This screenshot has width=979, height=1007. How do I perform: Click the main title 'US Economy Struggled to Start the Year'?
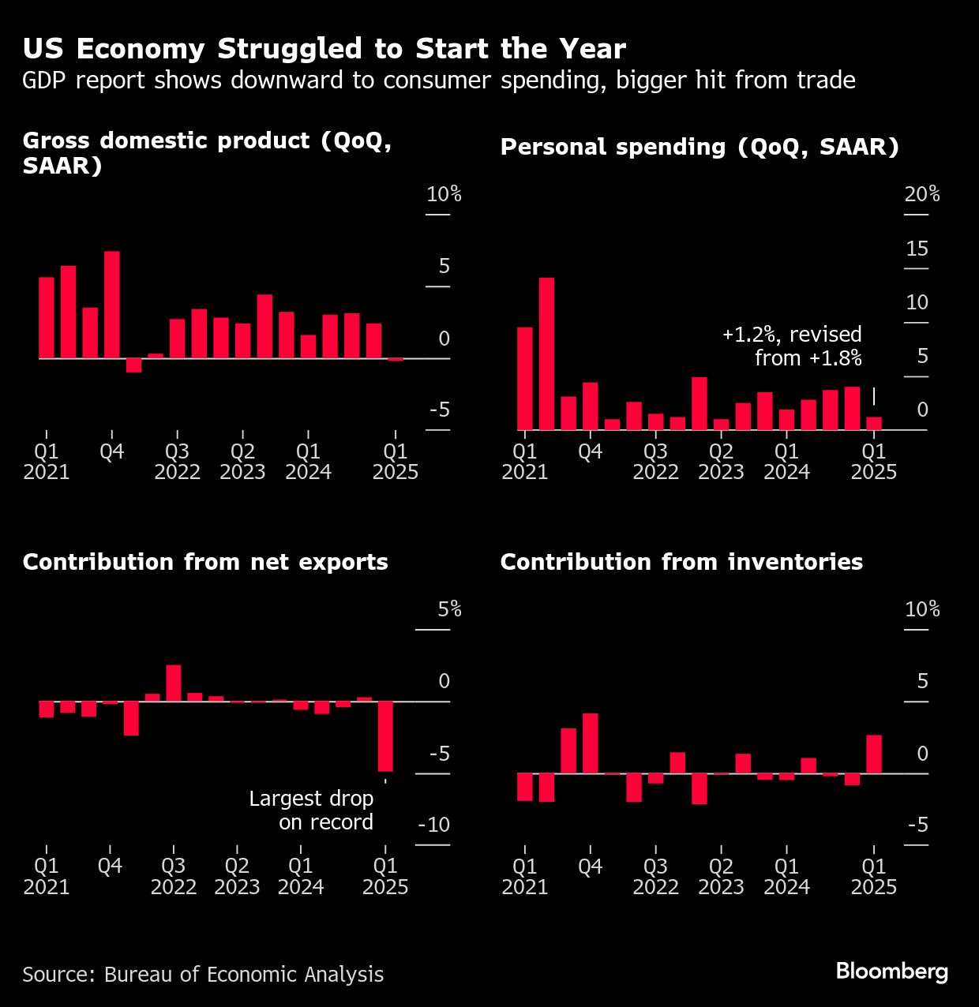click(324, 49)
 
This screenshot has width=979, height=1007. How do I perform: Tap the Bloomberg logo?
click(891, 971)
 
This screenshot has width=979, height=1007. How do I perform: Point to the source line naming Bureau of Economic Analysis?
click(203, 975)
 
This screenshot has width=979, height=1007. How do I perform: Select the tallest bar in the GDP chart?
click(112, 305)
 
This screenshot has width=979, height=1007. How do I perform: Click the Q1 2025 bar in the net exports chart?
click(385, 736)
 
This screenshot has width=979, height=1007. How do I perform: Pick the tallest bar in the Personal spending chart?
click(546, 354)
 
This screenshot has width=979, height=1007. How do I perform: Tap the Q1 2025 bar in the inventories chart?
click(873, 754)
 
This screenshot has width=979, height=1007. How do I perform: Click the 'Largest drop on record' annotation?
click(311, 810)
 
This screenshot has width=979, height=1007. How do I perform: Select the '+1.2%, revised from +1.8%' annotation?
click(792, 346)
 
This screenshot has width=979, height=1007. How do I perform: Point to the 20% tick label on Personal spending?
click(921, 194)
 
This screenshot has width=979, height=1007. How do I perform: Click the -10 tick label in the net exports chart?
click(433, 825)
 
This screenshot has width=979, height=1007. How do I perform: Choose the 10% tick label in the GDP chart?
click(444, 194)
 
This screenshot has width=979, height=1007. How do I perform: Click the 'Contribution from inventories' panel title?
click(681, 562)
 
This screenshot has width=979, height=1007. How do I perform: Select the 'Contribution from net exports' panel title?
click(205, 562)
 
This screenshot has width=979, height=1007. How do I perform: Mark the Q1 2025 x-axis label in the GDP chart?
click(396, 462)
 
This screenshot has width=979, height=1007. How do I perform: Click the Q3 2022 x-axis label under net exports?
click(174, 877)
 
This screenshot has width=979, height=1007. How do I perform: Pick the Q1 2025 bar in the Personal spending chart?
click(873, 423)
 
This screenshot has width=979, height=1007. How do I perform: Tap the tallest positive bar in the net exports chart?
click(174, 683)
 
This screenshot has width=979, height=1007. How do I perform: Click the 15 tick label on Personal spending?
click(917, 249)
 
